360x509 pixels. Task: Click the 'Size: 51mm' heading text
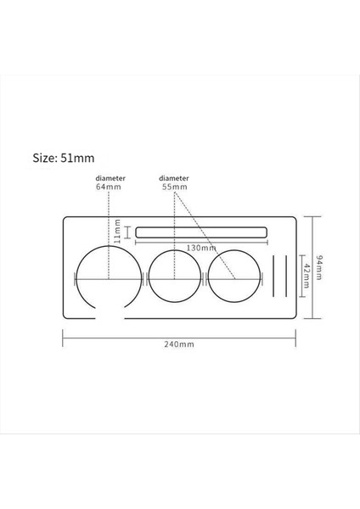click(63, 157)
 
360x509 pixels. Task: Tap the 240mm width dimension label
click(181, 344)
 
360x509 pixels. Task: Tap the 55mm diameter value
click(173, 187)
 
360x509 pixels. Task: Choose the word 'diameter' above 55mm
click(173, 178)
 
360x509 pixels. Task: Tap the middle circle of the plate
click(174, 277)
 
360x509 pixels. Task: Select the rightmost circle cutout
click(234, 277)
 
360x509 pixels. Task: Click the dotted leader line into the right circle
click(205, 233)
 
